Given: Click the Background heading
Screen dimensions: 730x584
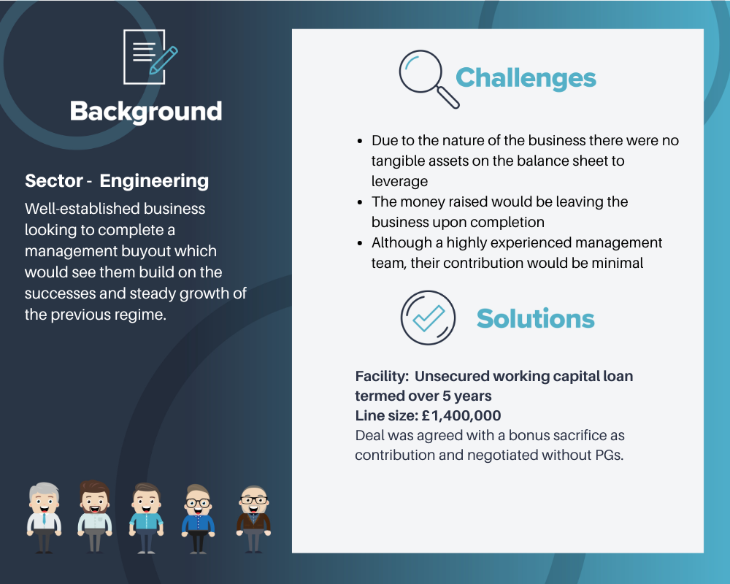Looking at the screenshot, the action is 146,112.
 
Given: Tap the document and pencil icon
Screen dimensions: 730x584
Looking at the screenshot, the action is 150,57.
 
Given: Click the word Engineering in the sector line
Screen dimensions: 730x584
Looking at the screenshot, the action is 154,181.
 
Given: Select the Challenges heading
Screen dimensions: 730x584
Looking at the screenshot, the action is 526,78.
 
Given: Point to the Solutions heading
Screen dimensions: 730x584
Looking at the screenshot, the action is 535,318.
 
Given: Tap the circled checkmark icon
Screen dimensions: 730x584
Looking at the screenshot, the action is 428,318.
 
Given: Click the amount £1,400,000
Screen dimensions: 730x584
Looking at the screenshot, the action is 461,415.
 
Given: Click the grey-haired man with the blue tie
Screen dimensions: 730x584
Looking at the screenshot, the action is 45,518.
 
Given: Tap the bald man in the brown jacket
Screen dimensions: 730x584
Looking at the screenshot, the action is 254,519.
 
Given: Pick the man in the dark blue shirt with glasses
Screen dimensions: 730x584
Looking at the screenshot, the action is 198,519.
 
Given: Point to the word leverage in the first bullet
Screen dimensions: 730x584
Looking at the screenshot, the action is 399,181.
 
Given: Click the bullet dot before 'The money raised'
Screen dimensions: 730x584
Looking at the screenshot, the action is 360,202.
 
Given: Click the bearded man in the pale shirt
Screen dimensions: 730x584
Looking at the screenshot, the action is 94,516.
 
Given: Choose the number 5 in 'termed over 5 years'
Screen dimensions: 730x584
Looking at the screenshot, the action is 447,396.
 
